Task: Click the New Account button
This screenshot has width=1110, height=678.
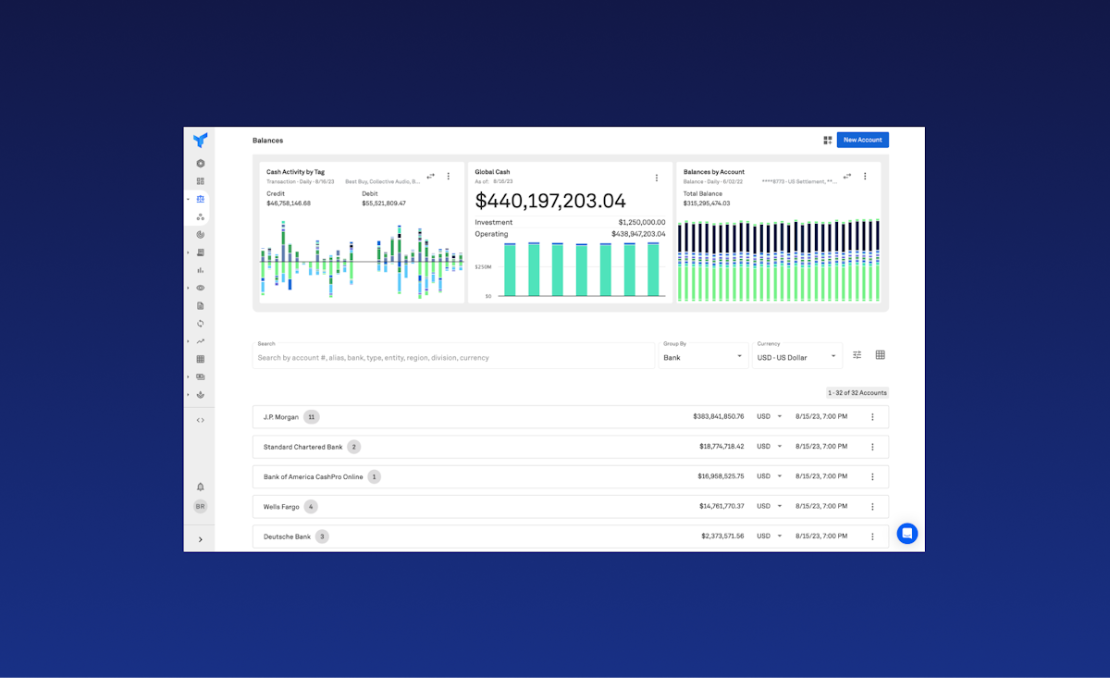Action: [862, 140]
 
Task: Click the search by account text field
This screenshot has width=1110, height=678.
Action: [453, 357]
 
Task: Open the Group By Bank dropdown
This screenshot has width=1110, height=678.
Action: [703, 357]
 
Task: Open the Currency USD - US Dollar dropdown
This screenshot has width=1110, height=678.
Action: [796, 357]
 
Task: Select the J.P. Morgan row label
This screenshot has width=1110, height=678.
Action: [281, 417]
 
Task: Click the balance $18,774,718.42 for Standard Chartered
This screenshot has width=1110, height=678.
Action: [721, 447]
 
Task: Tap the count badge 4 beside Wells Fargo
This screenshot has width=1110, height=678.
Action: [311, 507]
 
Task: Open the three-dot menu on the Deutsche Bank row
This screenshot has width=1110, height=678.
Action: [872, 536]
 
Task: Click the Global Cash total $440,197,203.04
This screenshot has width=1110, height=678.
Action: [550, 201]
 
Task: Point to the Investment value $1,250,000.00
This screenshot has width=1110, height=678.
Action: [642, 223]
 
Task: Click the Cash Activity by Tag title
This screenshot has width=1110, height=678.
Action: [295, 172]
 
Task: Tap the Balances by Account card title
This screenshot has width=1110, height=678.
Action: [714, 172]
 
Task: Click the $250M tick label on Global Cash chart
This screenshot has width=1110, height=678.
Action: [483, 266]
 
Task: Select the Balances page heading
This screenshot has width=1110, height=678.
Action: [267, 141]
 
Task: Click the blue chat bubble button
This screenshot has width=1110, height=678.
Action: [907, 534]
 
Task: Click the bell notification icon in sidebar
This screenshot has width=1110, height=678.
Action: [200, 487]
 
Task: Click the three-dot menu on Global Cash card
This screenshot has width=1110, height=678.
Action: [657, 178]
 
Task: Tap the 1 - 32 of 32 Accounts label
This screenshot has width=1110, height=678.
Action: [857, 392]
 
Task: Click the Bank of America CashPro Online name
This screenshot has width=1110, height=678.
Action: [314, 477]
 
